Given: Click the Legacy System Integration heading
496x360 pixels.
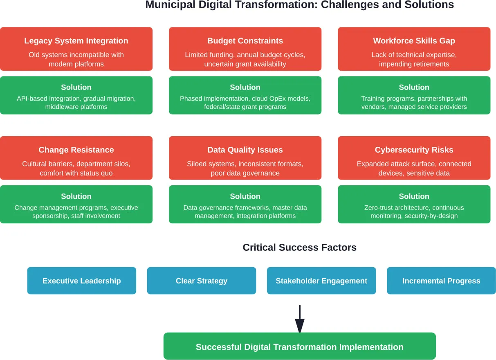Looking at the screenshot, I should pyautogui.click(x=76, y=41).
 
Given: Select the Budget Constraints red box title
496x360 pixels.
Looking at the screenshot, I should pyautogui.click(x=245, y=41).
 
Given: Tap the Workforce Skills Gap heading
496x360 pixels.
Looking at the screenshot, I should pyautogui.click(x=414, y=41).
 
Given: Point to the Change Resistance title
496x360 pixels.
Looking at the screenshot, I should pyautogui.click(x=76, y=150).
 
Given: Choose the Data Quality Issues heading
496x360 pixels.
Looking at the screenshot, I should pyautogui.click(x=245, y=150).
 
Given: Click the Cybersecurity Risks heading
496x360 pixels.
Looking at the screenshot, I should pyautogui.click(x=414, y=150).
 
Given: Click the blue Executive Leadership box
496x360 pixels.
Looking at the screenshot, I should pyautogui.click(x=81, y=281).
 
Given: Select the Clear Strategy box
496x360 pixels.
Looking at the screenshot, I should pyautogui.click(x=201, y=281).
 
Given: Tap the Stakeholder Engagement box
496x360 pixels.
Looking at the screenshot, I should pyautogui.click(x=321, y=281).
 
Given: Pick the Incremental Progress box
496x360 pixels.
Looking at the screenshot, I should pyautogui.click(x=441, y=281).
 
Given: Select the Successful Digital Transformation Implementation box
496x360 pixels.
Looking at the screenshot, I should pyautogui.click(x=299, y=346).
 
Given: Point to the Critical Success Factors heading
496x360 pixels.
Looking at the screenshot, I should pyautogui.click(x=299, y=248).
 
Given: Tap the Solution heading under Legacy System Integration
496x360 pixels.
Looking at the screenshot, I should pyautogui.click(x=76, y=87).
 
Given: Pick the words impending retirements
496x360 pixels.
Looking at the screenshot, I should pyautogui.click(x=414, y=64).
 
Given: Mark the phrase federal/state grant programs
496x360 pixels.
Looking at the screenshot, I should pyautogui.click(x=245, y=107).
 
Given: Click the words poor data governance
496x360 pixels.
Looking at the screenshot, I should pyautogui.click(x=245, y=173).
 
